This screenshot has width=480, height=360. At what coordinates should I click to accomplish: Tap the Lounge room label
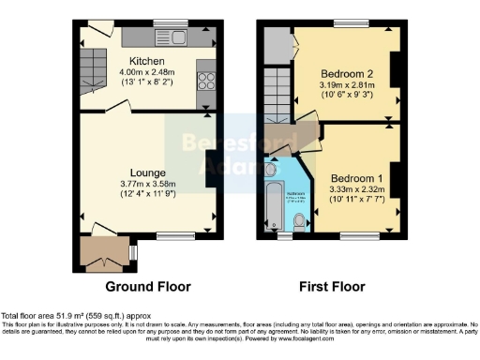(x=148, y=173)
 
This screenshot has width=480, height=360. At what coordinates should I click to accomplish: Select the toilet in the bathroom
(x=298, y=222)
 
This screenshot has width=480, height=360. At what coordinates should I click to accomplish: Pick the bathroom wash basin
(x=272, y=170)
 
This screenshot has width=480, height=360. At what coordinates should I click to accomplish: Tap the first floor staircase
(x=275, y=97)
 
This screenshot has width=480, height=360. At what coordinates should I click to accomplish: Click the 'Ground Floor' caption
(x=148, y=286)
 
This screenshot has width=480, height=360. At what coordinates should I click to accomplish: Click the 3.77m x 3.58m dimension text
(x=148, y=185)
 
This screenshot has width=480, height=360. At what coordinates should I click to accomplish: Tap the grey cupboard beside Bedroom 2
(x=275, y=43)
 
